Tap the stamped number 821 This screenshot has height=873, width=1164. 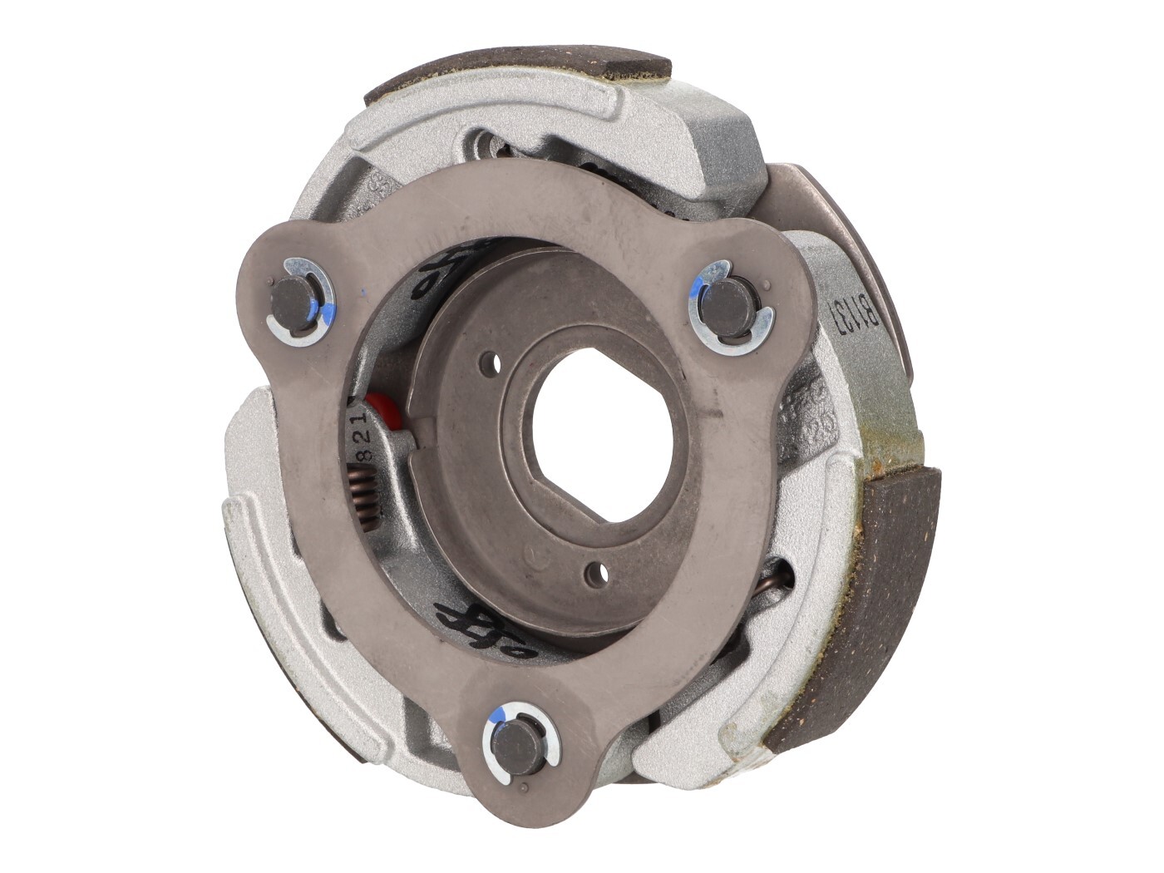click(363, 436)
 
